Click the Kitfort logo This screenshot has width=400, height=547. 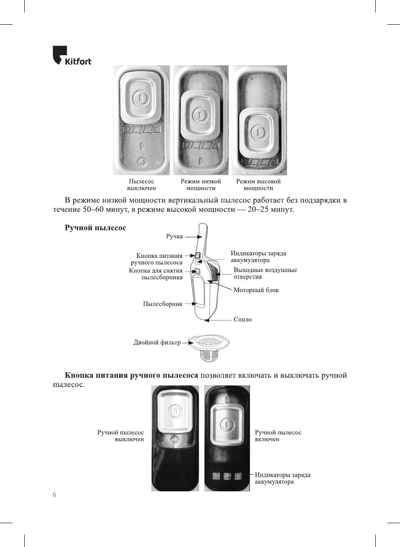click(x=72, y=56)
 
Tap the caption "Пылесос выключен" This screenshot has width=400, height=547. click(x=141, y=185)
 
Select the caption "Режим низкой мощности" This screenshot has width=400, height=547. click(x=201, y=185)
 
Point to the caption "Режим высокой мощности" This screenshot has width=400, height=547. click(x=258, y=185)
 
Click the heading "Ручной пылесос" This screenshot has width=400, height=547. click(x=95, y=228)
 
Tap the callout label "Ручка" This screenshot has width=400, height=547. click(x=174, y=236)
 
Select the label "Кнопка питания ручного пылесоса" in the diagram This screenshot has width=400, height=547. click(x=157, y=259)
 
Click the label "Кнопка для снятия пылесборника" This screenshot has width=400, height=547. click(x=156, y=274)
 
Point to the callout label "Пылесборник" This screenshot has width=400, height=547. click(x=163, y=304)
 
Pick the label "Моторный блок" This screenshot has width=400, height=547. click(x=256, y=290)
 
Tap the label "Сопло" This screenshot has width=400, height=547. click(x=243, y=319)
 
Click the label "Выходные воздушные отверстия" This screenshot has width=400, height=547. click(x=265, y=273)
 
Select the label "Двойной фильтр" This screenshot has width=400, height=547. click(x=157, y=342)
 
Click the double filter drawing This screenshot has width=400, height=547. click(x=209, y=347)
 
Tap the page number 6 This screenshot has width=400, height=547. click(x=54, y=495)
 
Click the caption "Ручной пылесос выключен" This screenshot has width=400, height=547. click(x=121, y=436)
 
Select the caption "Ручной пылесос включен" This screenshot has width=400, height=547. click(x=278, y=436)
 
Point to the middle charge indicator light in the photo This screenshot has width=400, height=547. click(x=227, y=476)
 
